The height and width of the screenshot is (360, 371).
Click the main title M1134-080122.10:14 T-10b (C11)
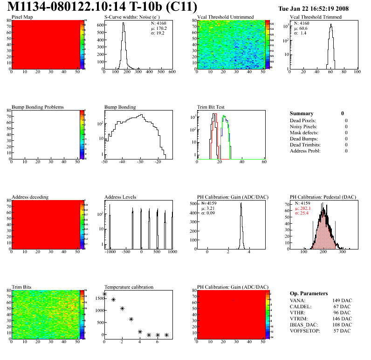tap(103, 7)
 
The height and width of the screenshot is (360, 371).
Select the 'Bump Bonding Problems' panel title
tap(38, 107)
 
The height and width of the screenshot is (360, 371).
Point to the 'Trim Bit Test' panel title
tap(211, 107)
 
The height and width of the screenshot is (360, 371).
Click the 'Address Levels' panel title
tap(120, 197)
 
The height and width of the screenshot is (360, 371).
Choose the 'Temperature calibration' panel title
tap(129, 287)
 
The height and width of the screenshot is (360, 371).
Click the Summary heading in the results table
tap(302, 113)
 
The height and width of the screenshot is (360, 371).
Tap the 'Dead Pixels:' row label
tap(303, 121)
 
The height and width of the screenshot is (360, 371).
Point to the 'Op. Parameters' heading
tap(309, 293)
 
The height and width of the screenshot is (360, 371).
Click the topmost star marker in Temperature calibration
tap(104, 294)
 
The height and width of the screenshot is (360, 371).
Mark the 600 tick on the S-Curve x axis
tap(172, 73)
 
